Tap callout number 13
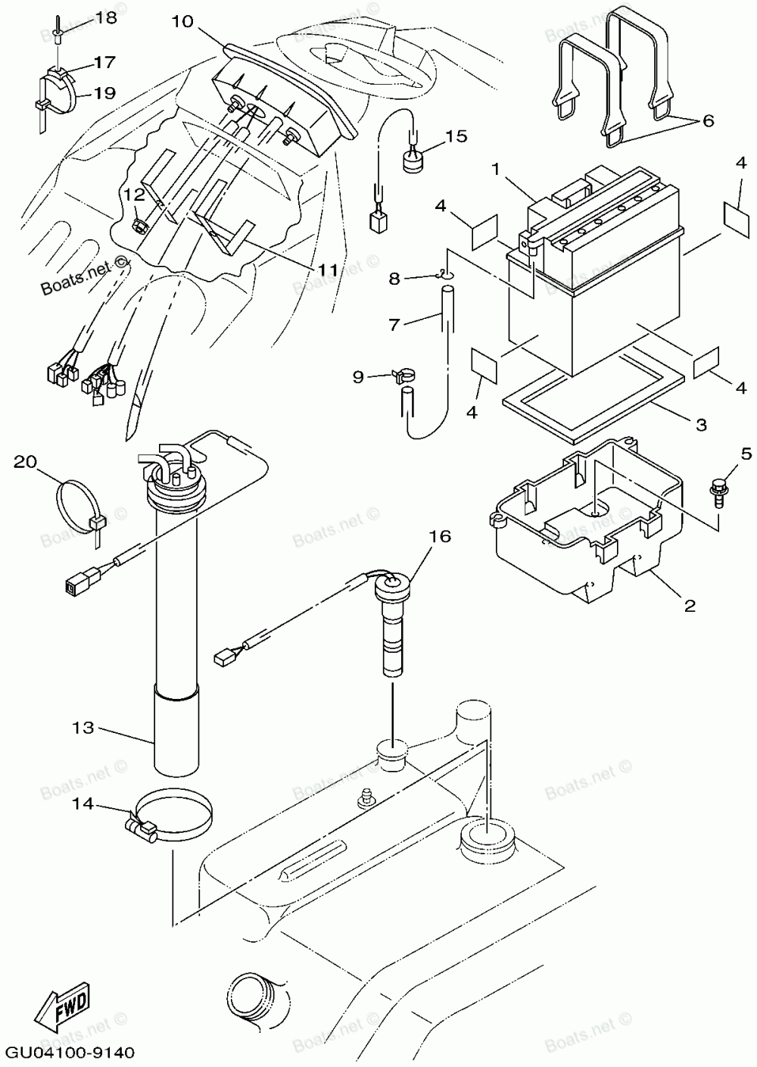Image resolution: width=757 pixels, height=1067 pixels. point(84,728)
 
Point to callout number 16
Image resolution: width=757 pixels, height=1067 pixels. point(440,537)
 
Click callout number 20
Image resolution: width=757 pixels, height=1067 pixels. point(25,461)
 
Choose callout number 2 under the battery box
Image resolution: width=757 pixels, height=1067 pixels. point(690,606)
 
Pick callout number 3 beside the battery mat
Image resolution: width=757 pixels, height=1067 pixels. point(701,425)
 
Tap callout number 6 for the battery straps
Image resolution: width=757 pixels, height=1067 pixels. point(709,120)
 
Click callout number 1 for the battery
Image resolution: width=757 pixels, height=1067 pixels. point(497,170)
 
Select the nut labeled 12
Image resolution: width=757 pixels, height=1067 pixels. point(139,225)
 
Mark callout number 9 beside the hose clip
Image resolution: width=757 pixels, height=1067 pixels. point(358,376)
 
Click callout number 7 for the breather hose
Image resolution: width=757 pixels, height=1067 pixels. point(393,324)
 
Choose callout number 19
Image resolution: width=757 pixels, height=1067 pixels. point(104,93)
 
